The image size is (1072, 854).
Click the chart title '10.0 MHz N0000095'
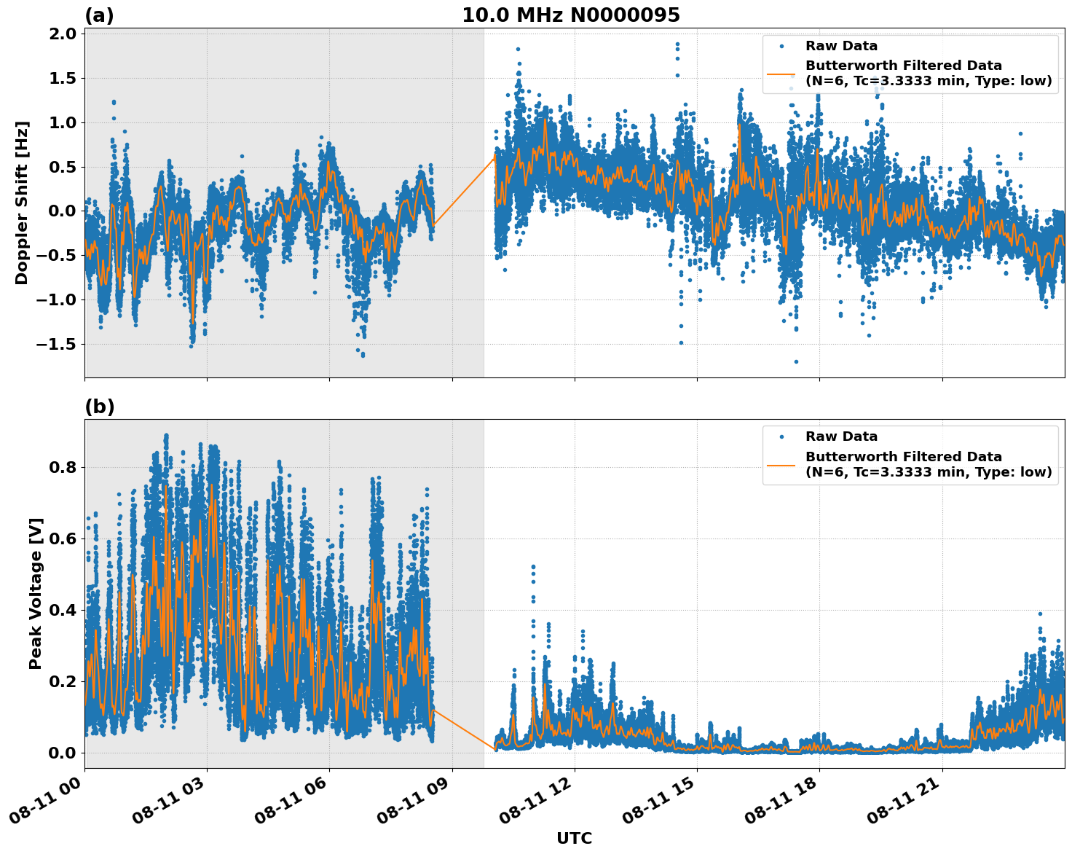point(570,15)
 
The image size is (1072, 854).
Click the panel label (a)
point(99,15)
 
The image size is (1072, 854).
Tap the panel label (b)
point(99,407)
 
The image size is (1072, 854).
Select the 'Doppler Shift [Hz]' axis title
point(22,203)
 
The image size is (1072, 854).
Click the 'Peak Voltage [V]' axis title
point(36,593)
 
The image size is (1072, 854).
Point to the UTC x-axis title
point(574,838)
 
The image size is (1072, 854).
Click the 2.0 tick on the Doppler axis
point(63,34)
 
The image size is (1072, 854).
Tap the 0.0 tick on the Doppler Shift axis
point(63,211)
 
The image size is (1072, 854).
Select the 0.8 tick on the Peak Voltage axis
point(63,467)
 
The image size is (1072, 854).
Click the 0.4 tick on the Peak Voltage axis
point(63,610)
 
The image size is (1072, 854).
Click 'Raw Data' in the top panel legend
point(841,46)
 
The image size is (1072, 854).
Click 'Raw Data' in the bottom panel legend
point(841,436)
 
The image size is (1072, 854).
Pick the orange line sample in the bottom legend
point(781,464)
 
